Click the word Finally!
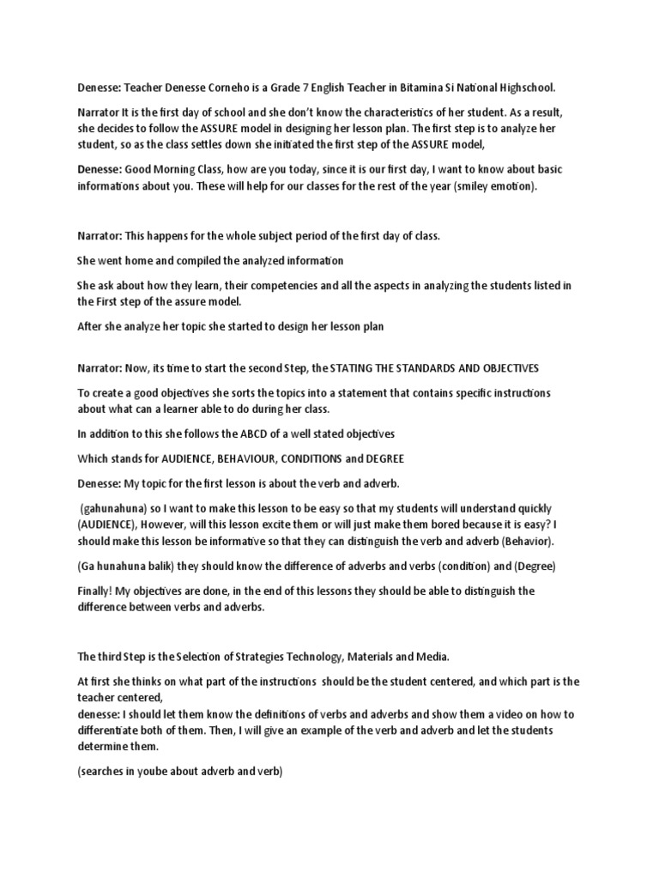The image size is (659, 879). (99, 591)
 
